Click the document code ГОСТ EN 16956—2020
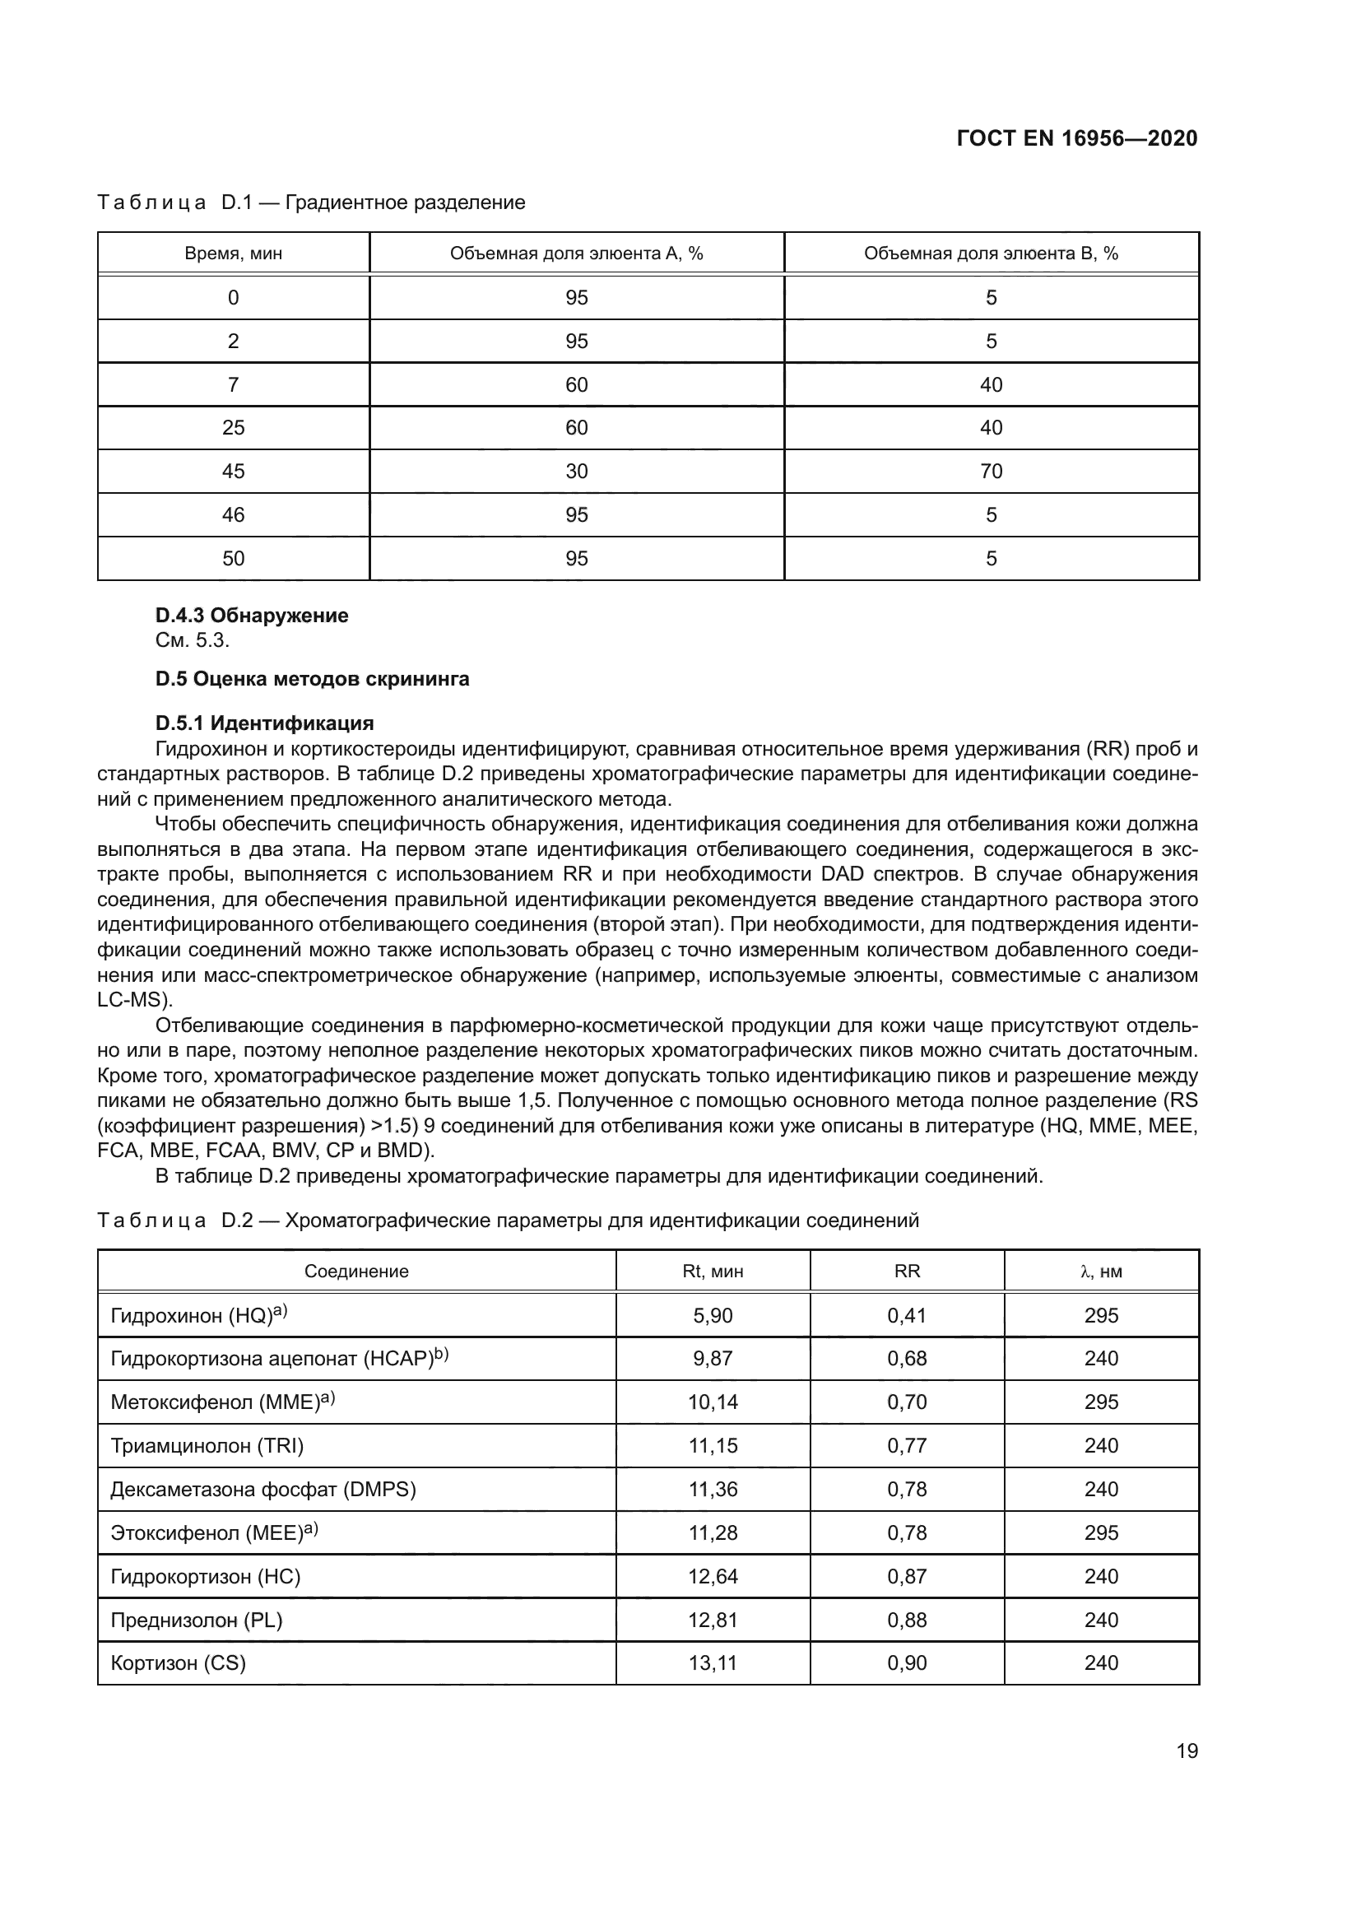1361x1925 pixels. coord(1076,138)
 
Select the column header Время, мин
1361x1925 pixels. coord(233,253)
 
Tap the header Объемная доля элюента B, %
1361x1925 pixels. coord(991,253)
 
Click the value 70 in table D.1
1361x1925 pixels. coord(991,472)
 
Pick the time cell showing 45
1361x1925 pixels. coord(233,472)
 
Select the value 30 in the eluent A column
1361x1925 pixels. coord(577,472)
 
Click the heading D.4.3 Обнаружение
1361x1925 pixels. coord(252,616)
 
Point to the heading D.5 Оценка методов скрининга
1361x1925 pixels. coord(312,678)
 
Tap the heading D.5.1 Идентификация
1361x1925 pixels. coord(264,723)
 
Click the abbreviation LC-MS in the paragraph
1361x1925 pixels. coord(132,1000)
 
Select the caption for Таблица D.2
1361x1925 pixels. coord(508,1220)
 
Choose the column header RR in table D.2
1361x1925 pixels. coord(907,1271)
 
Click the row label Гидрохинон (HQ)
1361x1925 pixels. coord(198,1315)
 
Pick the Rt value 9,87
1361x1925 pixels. coord(713,1358)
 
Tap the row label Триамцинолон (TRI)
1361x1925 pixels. coord(207,1445)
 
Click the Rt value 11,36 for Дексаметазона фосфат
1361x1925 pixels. coord(713,1489)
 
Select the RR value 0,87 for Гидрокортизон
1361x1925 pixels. coord(907,1576)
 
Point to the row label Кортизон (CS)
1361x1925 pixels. coord(178,1663)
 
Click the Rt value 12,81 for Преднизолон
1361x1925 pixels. coord(713,1620)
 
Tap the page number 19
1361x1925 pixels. coord(1187,1751)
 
